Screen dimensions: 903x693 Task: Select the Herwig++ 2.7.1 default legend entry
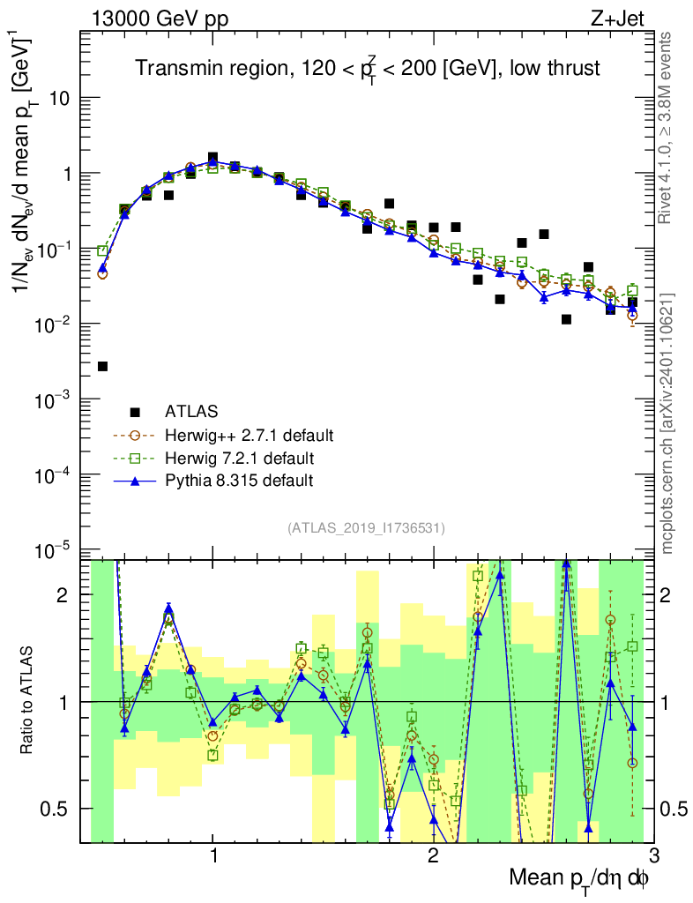pyautogui.click(x=248, y=435)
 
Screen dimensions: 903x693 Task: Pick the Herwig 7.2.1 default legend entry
pyautogui.click(x=240, y=458)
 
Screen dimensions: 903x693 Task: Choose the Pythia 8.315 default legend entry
pyautogui.click(x=239, y=481)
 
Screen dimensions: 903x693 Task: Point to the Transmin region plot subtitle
pyautogui.click(x=367, y=69)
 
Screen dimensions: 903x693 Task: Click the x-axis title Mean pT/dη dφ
pyautogui.click(x=580, y=877)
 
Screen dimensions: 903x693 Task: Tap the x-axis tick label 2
pyautogui.click(x=433, y=856)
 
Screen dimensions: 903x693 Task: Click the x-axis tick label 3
pyautogui.click(x=652, y=856)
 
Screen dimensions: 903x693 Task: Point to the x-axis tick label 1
pyautogui.click(x=213, y=856)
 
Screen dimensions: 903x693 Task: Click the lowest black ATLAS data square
pyautogui.click(x=102, y=366)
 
